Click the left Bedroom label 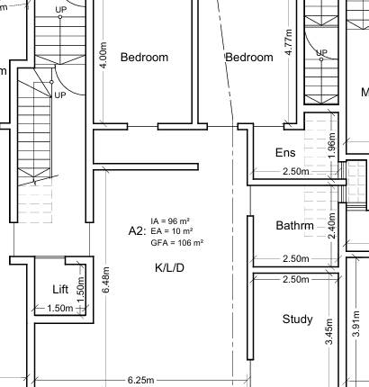(144, 57)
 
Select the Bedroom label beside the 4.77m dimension (248, 57)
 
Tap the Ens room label (284, 153)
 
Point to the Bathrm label (294, 226)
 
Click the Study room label (297, 319)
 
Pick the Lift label (60, 289)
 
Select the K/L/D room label (170, 268)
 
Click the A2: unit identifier (137, 231)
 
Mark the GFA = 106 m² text (177, 242)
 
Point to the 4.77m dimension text (288, 47)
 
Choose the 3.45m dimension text (329, 338)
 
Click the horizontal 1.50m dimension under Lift (59, 309)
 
